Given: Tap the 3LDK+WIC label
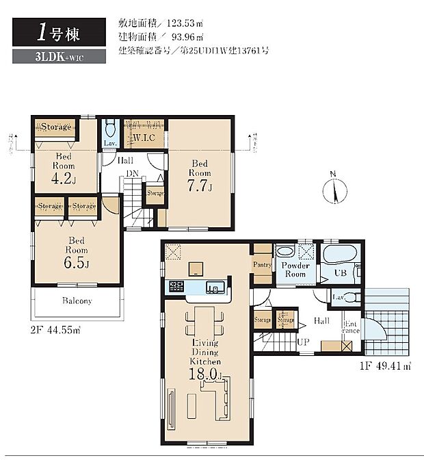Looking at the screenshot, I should (x=59, y=57).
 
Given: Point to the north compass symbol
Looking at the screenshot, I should (x=335, y=190).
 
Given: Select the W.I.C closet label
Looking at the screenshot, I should (x=144, y=138).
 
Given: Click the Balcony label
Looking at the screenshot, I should (x=77, y=301).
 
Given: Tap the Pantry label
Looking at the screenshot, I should (x=262, y=265).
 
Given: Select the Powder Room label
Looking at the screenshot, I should (x=295, y=270).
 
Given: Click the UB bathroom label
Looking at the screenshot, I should (x=339, y=272).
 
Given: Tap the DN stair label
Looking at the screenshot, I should (x=131, y=174).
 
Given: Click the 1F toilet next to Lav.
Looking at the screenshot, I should (x=352, y=296).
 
